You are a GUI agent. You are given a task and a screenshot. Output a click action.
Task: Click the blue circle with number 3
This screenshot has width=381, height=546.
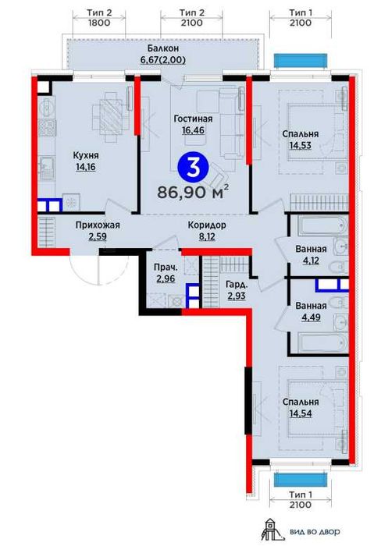193,168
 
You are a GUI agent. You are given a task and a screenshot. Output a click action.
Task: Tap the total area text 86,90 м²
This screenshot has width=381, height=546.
193,192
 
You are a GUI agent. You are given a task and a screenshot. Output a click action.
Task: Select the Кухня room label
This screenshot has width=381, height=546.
85,155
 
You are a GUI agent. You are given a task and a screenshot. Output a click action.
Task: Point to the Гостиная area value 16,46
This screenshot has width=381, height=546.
193,130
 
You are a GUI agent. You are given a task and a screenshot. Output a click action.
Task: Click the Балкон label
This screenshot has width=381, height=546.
163,48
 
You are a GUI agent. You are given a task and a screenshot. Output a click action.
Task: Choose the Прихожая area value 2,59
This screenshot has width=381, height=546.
98,237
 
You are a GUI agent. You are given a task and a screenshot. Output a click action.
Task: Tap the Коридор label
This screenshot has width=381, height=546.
207,225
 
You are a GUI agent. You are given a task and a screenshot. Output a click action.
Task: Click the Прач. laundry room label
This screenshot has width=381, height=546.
166,268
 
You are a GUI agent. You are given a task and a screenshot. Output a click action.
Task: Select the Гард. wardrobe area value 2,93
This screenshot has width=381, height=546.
237,296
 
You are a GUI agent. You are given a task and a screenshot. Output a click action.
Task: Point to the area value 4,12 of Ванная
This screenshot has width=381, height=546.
311,261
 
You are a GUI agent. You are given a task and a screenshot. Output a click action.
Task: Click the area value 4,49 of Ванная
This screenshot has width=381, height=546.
312,317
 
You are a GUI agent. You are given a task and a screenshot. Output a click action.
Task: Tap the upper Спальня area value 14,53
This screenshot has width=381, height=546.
300,145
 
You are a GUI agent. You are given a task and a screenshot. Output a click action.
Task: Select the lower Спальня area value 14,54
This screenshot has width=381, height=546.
301,413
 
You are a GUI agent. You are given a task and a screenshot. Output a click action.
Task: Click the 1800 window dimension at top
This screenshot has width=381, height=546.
99,23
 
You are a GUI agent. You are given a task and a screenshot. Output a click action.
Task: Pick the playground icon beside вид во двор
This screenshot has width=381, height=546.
269,530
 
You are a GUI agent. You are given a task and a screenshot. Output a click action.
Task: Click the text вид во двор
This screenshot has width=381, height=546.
315,532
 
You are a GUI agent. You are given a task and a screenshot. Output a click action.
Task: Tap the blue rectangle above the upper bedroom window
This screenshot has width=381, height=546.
301,60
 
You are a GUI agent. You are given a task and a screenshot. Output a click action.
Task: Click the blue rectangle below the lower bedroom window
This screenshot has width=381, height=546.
301,480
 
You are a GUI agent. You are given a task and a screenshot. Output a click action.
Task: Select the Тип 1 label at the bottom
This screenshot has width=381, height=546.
301,495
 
